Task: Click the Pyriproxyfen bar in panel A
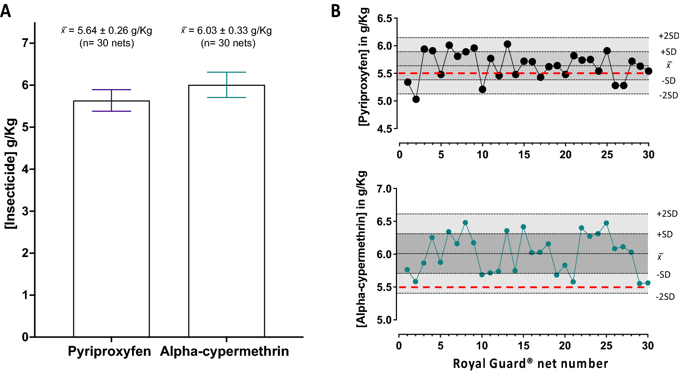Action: pos(111,221)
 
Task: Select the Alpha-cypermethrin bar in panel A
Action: pos(227,214)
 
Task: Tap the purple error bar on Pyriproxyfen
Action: pos(112,100)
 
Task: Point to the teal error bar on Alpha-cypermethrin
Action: pos(227,85)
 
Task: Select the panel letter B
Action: pos(336,11)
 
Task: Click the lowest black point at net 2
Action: pos(416,99)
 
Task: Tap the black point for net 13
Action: pos(507,44)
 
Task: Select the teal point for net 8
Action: pos(465,222)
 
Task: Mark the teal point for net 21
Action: pos(573,282)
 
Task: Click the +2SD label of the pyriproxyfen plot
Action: pos(668,36)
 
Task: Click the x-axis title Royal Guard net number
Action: pos(530,364)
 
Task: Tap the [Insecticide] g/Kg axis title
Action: pos(11,174)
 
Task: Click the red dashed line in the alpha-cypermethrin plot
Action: pos(521,287)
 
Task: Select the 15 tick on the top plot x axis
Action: pos(524,155)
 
